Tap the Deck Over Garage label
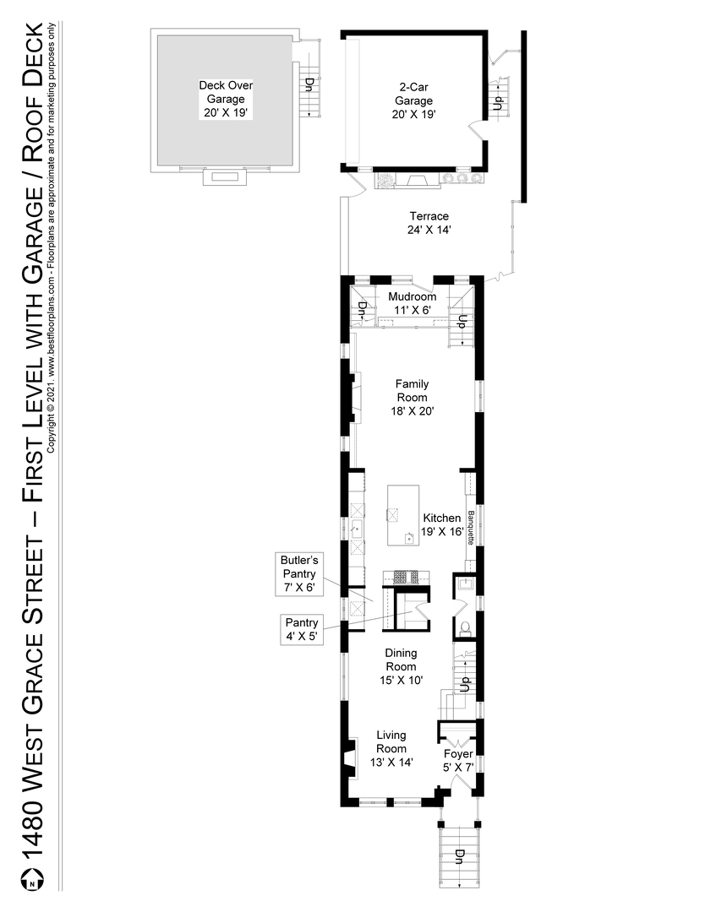226,99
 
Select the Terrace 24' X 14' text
428,222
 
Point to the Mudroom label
412,303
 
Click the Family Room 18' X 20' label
412,397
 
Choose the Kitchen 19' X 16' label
441,524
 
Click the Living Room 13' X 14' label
391,748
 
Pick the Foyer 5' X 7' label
459,760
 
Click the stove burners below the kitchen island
407,578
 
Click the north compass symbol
32,881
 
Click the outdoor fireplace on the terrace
417,181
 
